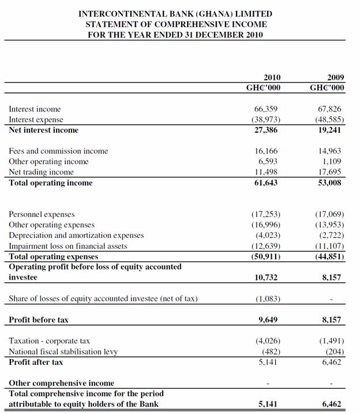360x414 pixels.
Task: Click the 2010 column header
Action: [272, 77]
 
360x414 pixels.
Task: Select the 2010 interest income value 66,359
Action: [266, 109]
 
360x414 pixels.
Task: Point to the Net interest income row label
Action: [43, 130]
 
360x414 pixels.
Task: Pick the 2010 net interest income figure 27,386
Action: [266, 130]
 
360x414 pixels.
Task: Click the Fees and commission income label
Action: [58, 151]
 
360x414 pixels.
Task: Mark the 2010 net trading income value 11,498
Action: [266, 172]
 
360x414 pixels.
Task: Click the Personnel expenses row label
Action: [42, 214]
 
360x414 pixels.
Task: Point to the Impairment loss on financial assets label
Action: [67, 246]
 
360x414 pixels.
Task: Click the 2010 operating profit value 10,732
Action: [266, 278]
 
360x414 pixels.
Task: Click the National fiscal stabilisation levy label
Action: [63, 352]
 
